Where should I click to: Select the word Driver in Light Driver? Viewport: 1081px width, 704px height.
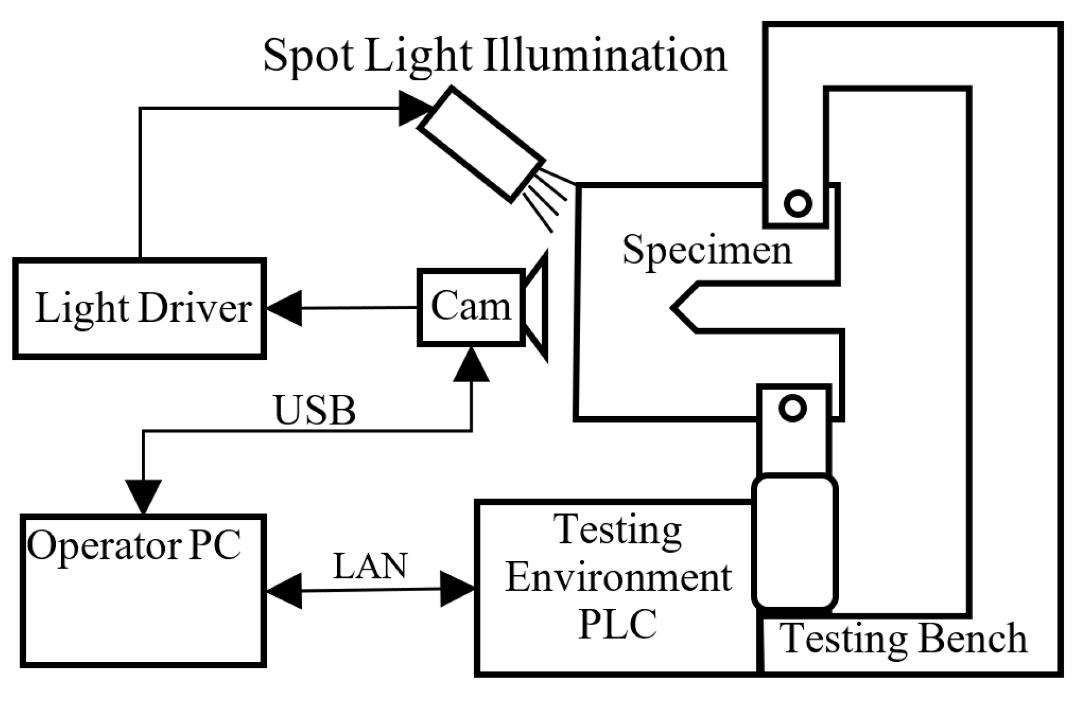195,309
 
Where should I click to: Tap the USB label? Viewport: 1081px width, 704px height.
315,411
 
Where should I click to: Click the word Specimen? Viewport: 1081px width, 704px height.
707,250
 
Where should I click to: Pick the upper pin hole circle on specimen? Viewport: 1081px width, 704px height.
797,203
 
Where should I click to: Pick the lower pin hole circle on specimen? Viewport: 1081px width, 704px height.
792,408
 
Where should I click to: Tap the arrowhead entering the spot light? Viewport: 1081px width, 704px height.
415,108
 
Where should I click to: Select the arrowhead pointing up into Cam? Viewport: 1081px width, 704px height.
471,366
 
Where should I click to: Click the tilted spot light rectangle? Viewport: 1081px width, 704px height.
481,144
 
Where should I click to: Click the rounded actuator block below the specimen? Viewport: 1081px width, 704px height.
795,541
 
